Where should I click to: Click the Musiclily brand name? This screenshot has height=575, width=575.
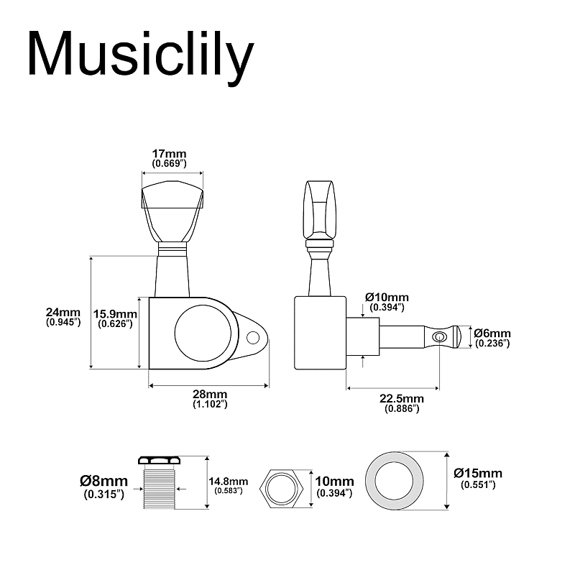(141, 57)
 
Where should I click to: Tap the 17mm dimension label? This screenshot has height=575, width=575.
(170, 153)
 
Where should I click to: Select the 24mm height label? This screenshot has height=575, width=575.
(63, 312)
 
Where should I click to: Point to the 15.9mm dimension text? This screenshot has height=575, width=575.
(115, 314)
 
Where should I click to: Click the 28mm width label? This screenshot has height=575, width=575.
(210, 394)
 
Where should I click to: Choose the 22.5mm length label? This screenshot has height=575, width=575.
(402, 398)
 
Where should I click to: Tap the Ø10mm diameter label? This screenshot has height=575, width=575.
(387, 297)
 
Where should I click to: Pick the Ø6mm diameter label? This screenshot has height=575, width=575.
(492, 333)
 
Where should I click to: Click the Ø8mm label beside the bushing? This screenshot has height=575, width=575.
(103, 481)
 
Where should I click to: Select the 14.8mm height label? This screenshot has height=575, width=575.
(229, 481)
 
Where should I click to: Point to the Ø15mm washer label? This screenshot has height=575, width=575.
(478, 473)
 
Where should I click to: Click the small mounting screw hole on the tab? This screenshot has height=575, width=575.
(253, 337)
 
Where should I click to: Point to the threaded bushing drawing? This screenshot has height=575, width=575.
(159, 482)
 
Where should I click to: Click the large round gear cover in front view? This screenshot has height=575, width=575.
(203, 333)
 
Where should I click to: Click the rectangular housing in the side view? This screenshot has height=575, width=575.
(321, 333)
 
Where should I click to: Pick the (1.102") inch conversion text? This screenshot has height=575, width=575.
(210, 404)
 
